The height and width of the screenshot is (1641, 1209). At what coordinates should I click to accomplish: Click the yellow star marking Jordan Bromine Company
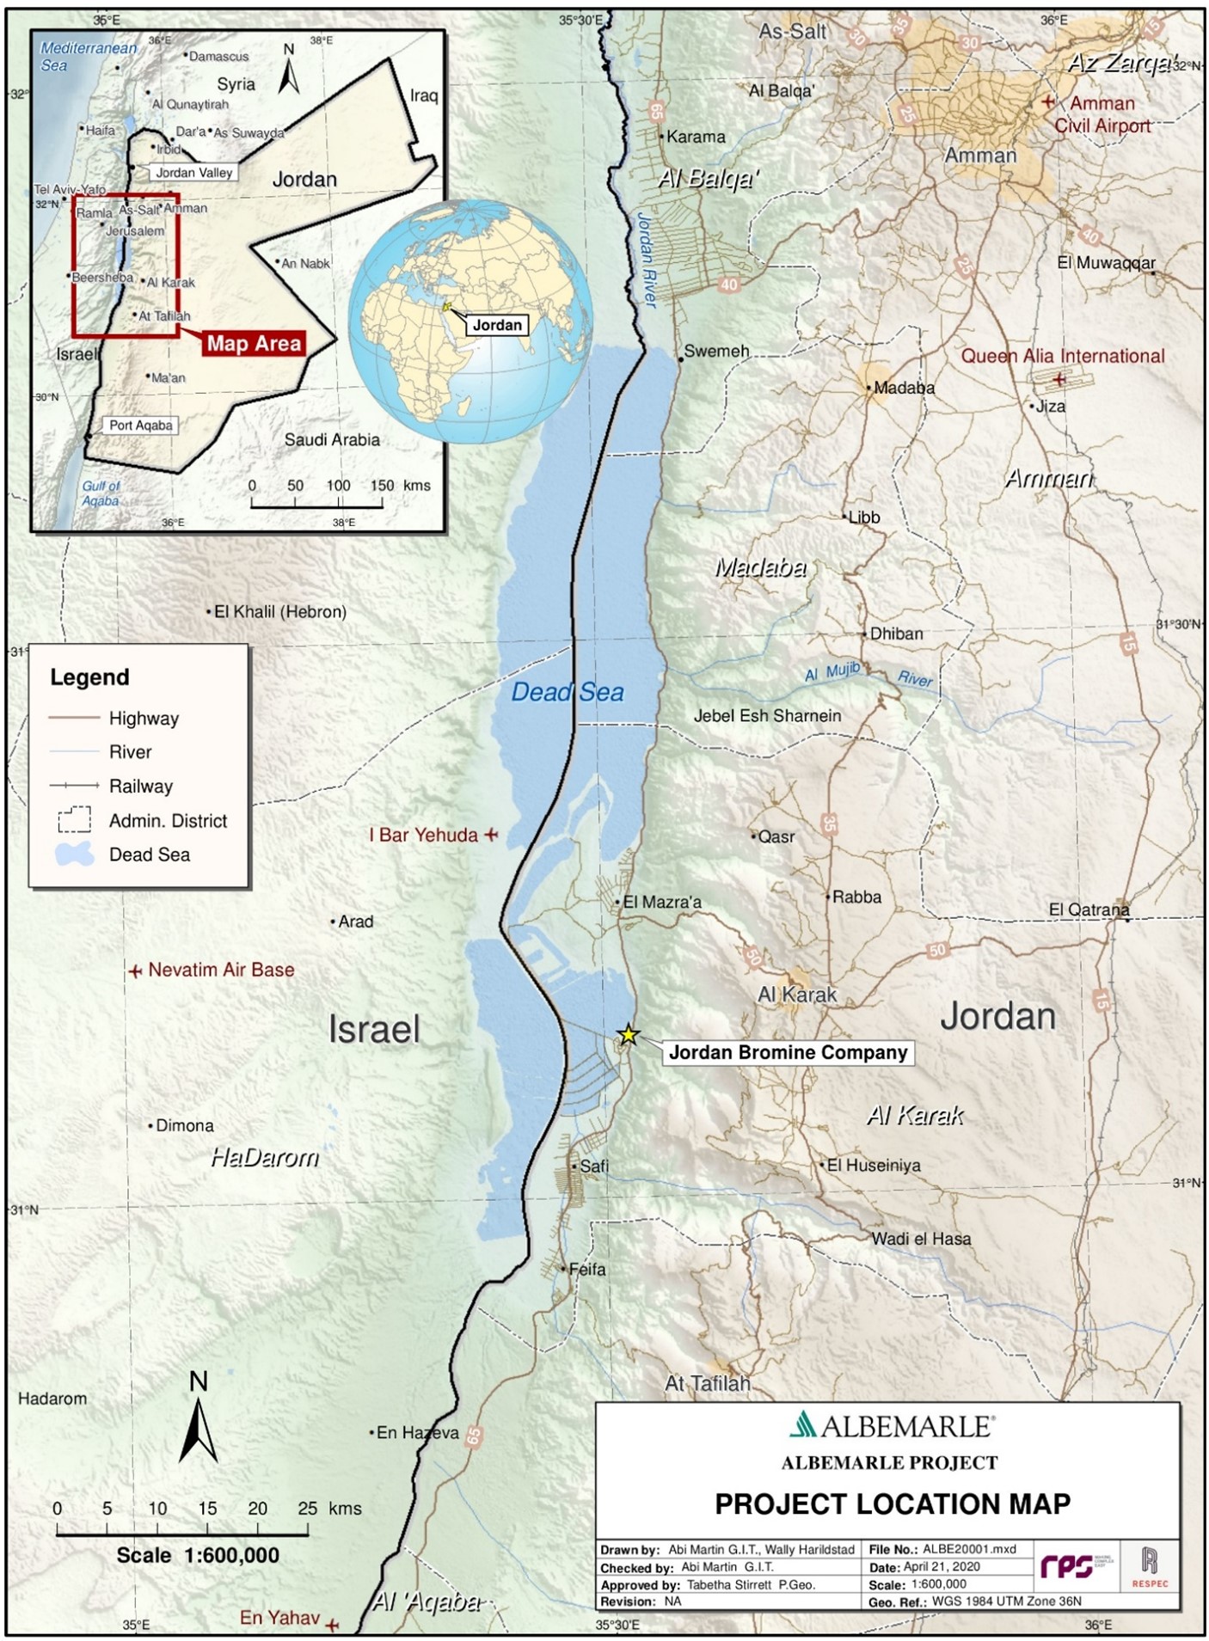tap(629, 1034)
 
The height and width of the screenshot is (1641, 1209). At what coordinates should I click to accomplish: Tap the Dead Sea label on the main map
tap(568, 692)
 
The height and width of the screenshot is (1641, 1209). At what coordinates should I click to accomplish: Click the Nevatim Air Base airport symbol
tap(135, 971)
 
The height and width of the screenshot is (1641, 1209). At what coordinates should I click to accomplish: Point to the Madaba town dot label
tap(903, 388)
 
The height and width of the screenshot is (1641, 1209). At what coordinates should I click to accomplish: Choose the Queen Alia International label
tap(1063, 356)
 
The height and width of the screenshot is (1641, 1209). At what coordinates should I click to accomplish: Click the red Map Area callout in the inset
tap(254, 344)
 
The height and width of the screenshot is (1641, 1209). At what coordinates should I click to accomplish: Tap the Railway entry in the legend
tap(140, 786)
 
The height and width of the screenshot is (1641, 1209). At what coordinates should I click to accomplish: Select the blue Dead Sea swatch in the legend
tap(75, 854)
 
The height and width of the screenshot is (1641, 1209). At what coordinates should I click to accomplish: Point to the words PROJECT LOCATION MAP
tap(893, 1503)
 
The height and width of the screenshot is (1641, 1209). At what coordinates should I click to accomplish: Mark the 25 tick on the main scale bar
tap(307, 1533)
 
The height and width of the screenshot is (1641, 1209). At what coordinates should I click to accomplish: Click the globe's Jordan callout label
tap(497, 325)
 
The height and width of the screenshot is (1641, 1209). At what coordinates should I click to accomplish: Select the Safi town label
tap(593, 1166)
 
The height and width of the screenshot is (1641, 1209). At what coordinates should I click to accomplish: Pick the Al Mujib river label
tap(832, 672)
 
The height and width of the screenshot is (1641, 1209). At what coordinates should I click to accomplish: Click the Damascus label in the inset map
tap(218, 57)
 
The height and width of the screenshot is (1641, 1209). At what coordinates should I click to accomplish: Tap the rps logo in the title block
tap(1067, 1567)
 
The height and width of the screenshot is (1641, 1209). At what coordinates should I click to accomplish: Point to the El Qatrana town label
tap(1089, 909)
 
